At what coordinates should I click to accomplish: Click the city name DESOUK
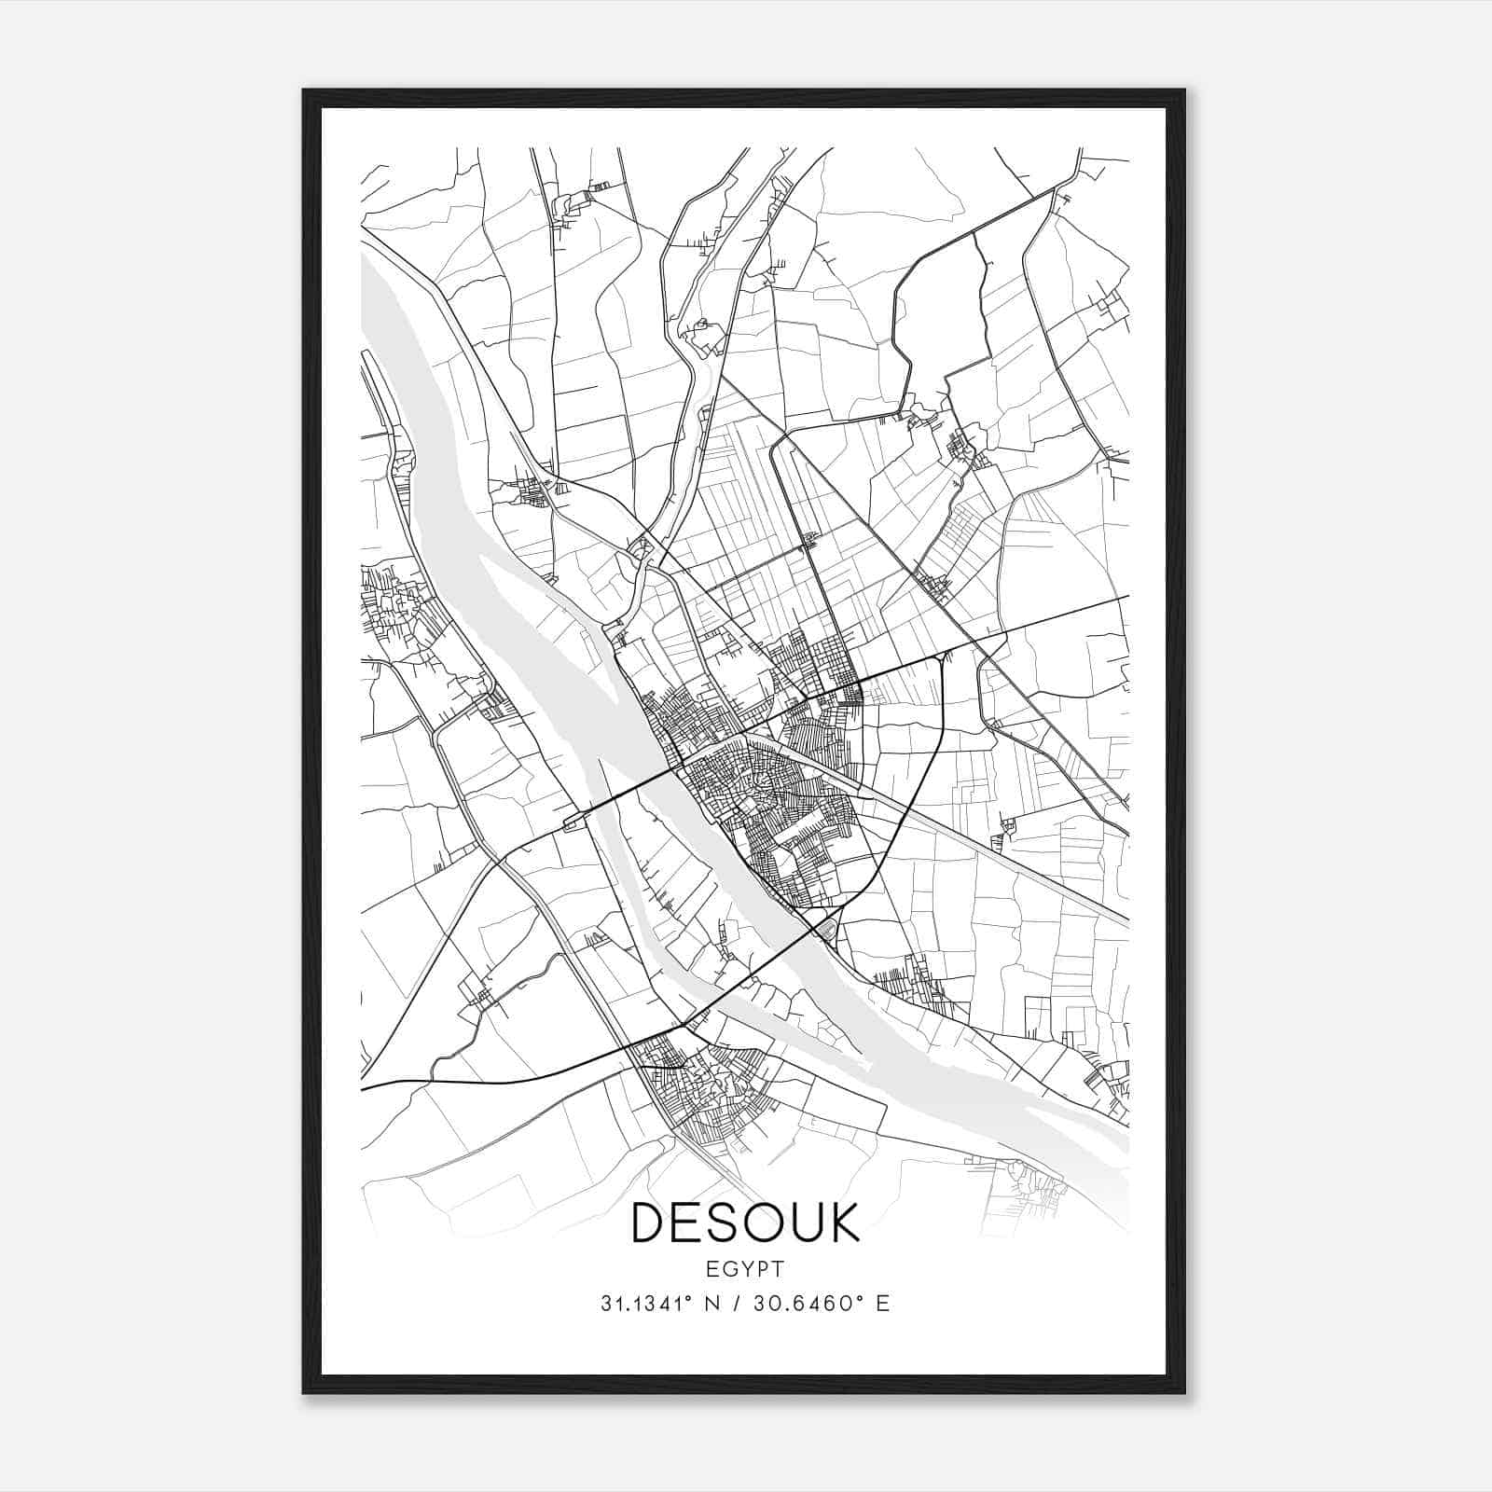(745, 1223)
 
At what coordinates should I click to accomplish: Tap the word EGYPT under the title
(745, 1268)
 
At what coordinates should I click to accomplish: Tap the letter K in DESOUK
(841, 1223)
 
